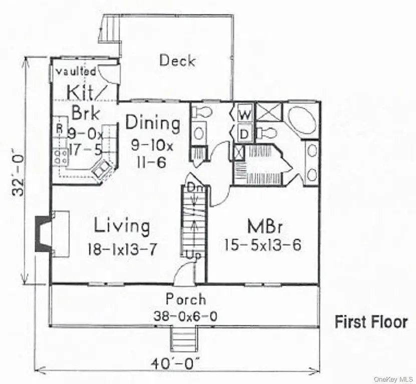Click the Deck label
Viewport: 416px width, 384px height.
pos(177,61)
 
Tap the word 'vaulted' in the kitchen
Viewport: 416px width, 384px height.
pos(75,71)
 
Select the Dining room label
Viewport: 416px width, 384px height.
pos(152,122)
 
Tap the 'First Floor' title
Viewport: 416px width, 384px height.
pos(371,321)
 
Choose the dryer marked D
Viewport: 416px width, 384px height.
pos(245,133)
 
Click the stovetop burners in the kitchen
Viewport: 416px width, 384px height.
pos(61,156)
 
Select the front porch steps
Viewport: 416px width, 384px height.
pos(182,338)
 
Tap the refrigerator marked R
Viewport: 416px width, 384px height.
pos(59,128)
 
